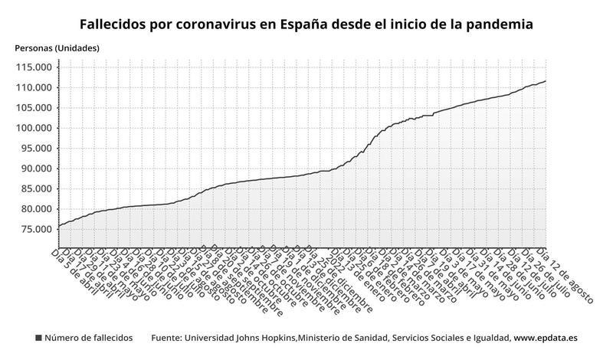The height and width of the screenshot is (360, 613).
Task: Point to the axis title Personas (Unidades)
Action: click(57, 48)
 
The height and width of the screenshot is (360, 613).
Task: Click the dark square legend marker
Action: click(38, 338)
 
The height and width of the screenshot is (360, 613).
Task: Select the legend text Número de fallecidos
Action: click(88, 338)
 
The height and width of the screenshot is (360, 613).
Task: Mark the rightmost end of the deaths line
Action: click(546, 80)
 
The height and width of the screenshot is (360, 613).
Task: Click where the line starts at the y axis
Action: click(58, 226)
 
